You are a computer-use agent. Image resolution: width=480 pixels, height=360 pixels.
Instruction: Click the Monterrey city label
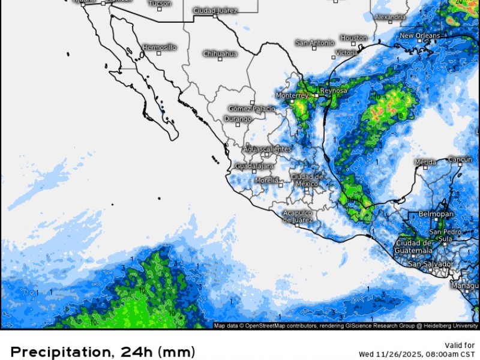[292, 95]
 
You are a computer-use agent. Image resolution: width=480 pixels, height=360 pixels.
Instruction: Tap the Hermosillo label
[160, 47]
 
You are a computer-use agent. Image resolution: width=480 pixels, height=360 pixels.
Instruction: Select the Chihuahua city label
[220, 53]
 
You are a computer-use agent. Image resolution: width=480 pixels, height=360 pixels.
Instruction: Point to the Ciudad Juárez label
[215, 10]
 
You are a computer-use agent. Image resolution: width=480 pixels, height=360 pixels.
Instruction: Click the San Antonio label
[314, 43]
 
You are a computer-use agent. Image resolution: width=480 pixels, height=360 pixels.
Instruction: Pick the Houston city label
[353, 38]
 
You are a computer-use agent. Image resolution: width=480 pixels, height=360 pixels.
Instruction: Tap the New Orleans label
[420, 36]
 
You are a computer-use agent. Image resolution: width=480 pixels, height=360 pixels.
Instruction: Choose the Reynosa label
[334, 91]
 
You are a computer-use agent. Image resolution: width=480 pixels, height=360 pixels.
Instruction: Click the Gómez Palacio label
[252, 109]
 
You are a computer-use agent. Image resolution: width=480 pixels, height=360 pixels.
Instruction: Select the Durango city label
[237, 119]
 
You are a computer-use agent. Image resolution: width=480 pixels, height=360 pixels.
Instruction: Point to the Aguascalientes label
[267, 149]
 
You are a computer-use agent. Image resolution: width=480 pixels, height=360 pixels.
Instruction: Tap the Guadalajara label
[254, 166]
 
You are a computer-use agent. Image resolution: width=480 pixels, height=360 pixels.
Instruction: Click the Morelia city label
[266, 180]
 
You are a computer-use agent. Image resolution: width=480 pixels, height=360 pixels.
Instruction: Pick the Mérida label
[425, 162]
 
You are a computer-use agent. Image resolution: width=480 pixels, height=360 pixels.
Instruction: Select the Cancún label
[460, 159]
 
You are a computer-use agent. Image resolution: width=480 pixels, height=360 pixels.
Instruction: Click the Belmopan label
[436, 214]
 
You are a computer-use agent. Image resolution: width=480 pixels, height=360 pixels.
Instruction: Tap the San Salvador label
[430, 264]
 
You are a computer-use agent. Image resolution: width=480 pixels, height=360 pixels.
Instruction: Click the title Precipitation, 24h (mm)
[103, 351]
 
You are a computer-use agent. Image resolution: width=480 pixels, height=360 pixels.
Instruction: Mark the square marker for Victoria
[334, 58]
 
